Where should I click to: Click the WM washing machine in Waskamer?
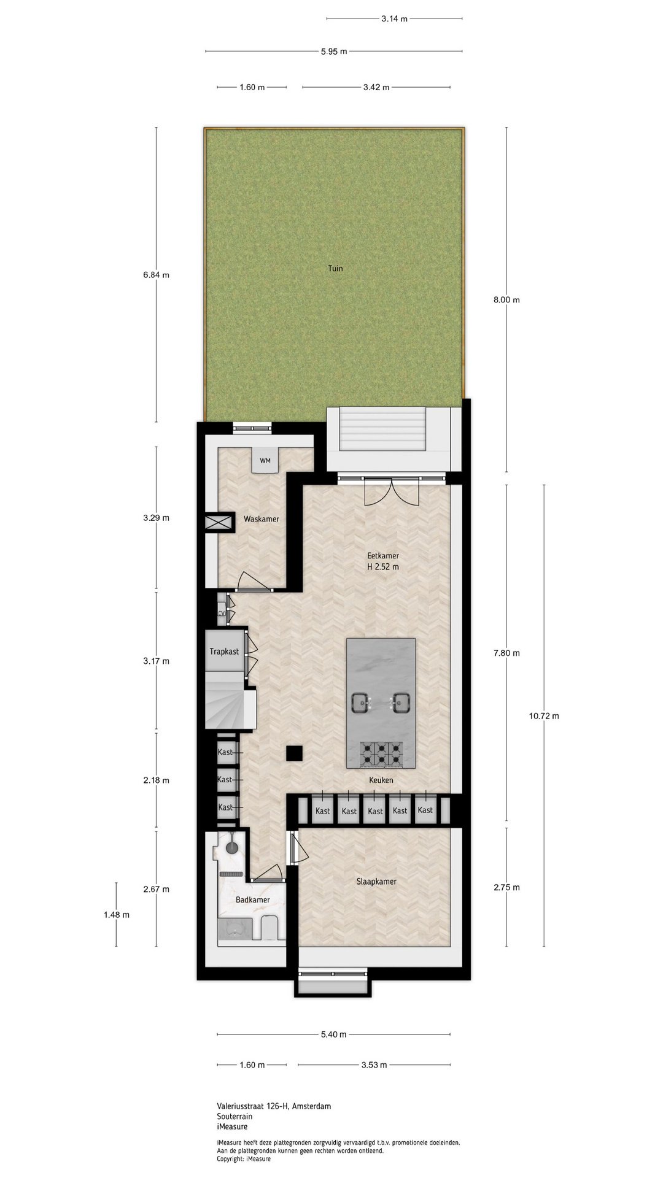(266, 460)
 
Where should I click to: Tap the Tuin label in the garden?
(335, 268)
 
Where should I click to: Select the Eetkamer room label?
(383, 556)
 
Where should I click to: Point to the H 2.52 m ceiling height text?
(383, 567)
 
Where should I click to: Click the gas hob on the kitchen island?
(382, 754)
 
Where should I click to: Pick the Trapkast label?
(224, 652)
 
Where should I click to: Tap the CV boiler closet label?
(222, 614)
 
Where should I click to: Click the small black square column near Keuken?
(295, 753)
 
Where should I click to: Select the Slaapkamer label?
(376, 882)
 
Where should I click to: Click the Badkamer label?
(253, 900)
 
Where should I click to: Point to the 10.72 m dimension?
(544, 715)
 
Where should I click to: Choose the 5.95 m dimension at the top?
(334, 52)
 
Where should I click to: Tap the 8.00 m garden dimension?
(506, 300)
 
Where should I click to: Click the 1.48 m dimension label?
(116, 915)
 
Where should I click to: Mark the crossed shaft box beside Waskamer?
(220, 523)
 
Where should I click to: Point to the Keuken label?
(381, 780)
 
